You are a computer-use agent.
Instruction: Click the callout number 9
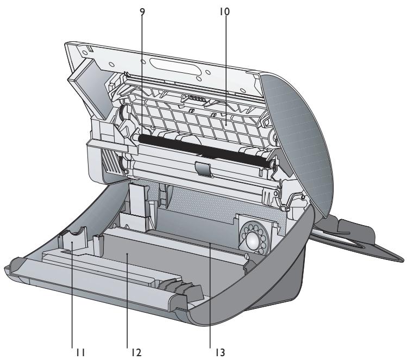(142, 11)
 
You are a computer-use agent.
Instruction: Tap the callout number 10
(224, 11)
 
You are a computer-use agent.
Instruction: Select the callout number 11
(80, 352)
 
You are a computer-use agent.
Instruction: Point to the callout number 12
(136, 352)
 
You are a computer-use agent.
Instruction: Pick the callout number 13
(220, 352)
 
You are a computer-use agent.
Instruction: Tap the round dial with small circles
(253, 238)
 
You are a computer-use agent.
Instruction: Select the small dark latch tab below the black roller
(203, 169)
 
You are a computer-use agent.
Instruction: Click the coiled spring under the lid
(197, 98)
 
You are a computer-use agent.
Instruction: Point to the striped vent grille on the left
(111, 160)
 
